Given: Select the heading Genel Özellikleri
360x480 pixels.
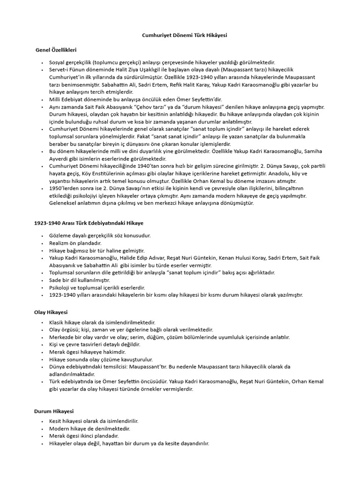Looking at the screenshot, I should pos(57,49).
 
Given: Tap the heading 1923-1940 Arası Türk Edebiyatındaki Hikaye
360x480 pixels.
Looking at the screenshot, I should pos(89,224).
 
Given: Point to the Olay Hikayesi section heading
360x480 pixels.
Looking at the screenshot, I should pos(51,311).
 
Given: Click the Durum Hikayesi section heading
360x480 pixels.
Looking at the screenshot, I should pos(54,411).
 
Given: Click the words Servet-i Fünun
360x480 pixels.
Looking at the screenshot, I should pos(67,70).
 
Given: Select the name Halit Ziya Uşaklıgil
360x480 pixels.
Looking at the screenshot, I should pos(136,70).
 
